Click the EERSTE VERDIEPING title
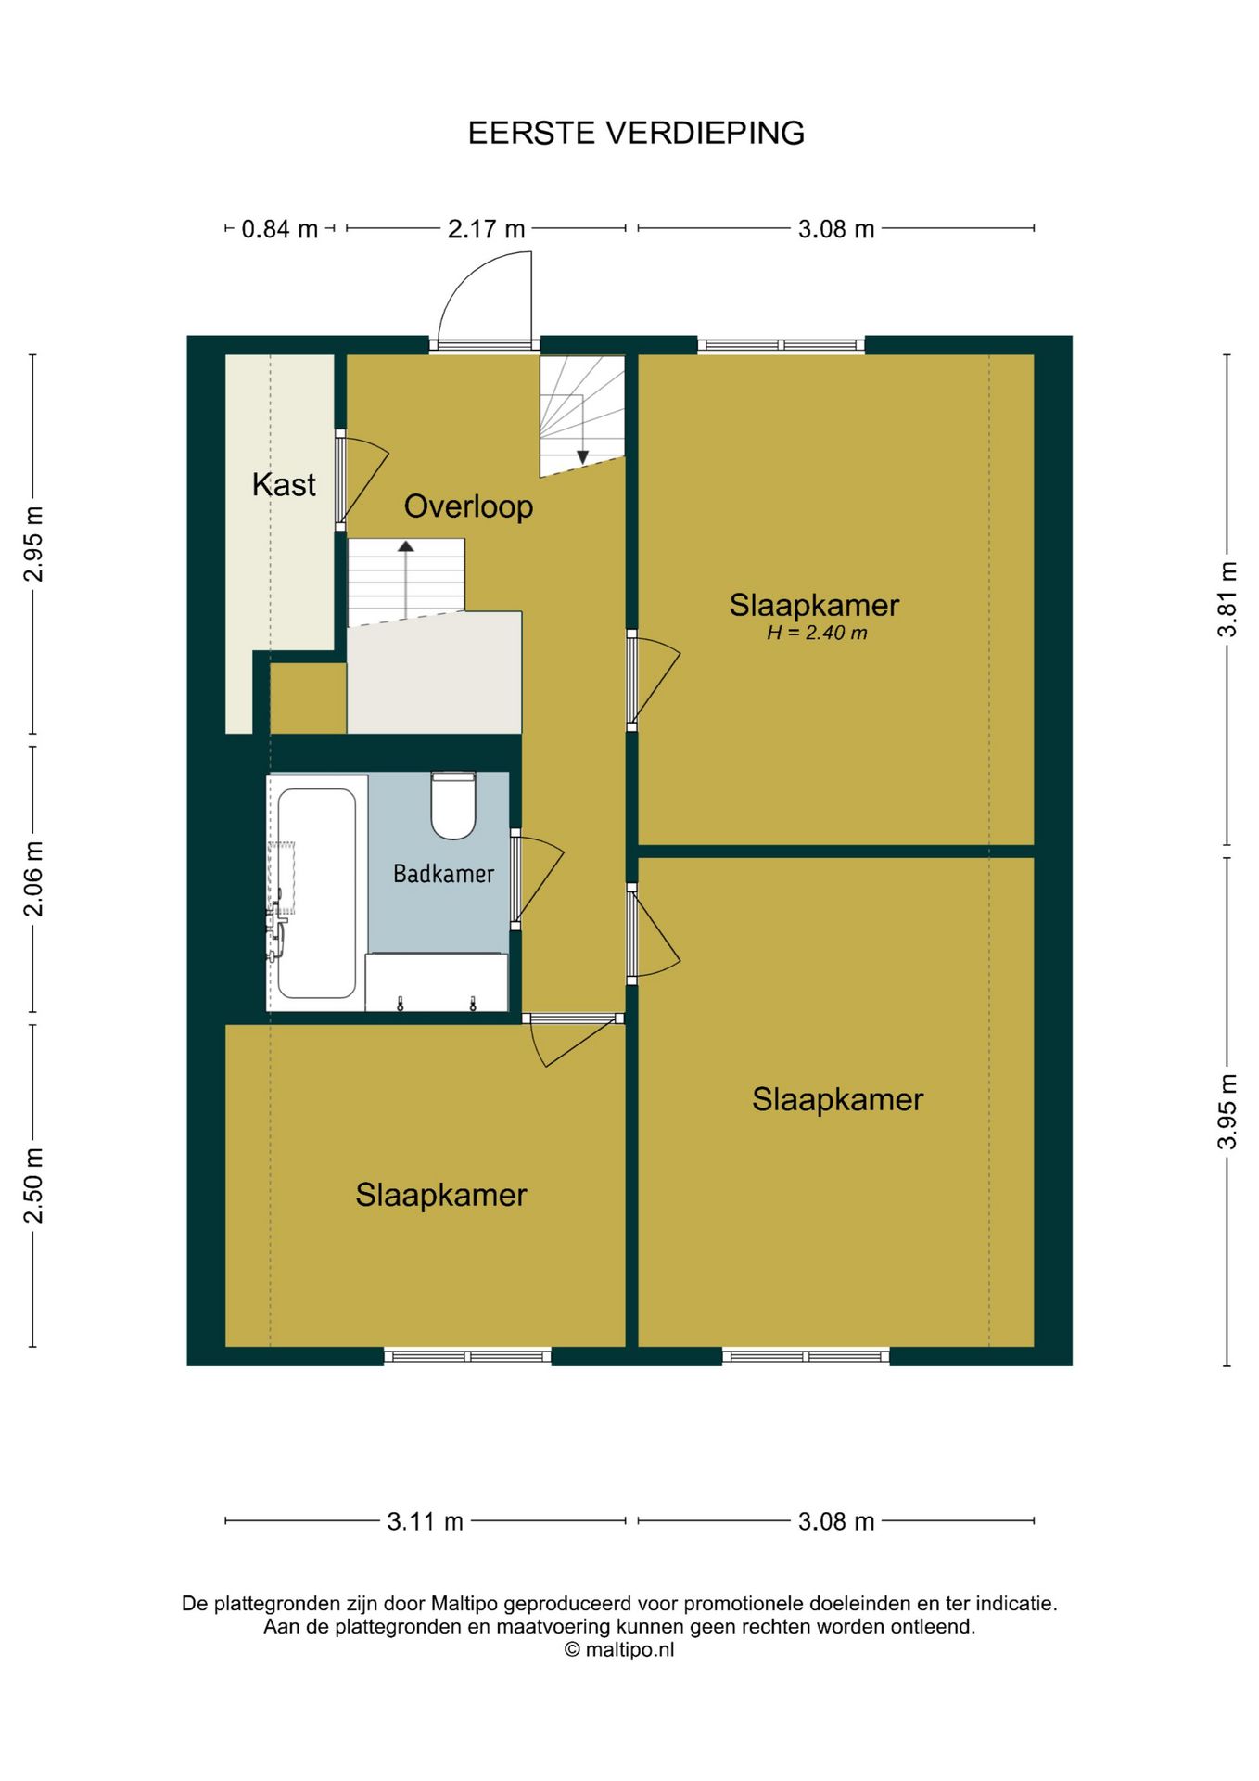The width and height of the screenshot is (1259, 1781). [x=636, y=134]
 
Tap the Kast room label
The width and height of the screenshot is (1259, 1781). [x=284, y=484]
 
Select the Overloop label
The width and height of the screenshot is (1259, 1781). [x=468, y=506]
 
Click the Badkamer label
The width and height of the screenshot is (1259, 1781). [x=443, y=874]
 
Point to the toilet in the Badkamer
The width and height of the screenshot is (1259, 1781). [x=453, y=805]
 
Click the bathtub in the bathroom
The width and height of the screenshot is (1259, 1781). [x=316, y=892]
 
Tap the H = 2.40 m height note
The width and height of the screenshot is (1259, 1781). [x=817, y=634]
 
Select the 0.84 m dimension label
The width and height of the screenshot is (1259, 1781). [x=279, y=229]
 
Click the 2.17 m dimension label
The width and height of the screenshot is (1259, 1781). [x=486, y=229]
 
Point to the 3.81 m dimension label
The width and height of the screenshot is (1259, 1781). [x=1227, y=599]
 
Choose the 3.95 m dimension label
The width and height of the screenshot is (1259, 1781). [x=1227, y=1111]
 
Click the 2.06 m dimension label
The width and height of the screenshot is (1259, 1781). [x=33, y=878]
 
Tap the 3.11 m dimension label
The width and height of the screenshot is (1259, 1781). [x=425, y=1522]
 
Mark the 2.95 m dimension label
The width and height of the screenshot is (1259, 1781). [x=33, y=544]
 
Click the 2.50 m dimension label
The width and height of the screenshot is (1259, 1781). [x=33, y=1185]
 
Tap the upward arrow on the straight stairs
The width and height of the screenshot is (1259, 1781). [x=405, y=580]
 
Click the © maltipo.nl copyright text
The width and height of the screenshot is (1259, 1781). [x=619, y=1649]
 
